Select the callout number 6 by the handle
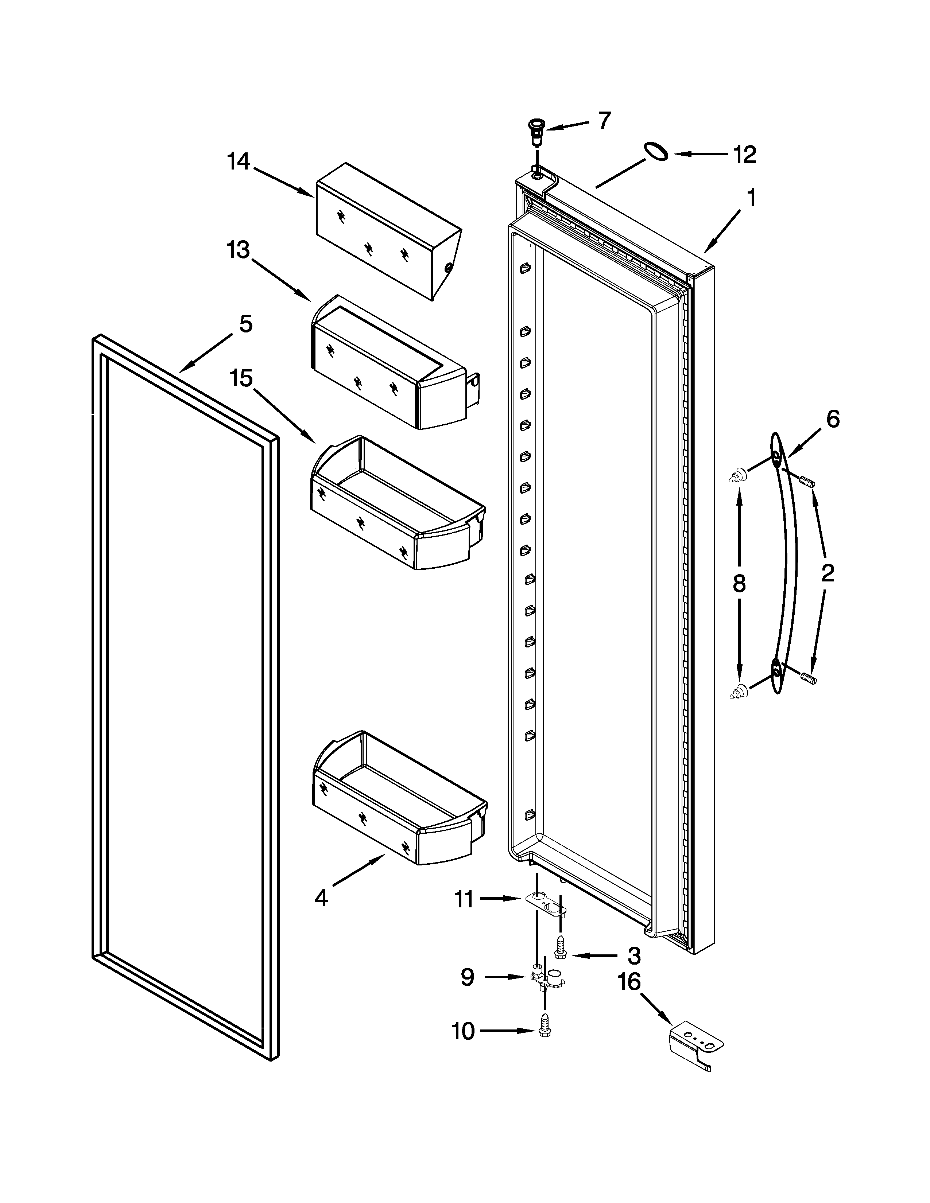coord(833,420)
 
